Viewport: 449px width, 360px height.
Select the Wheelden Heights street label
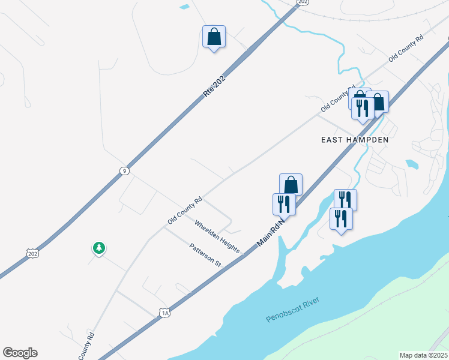coord(217,236)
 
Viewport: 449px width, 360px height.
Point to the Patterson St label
coord(205,255)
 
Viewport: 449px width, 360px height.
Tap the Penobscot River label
coord(294,310)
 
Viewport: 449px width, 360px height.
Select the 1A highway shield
coord(165,312)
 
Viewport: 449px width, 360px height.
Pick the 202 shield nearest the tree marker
coord(33,253)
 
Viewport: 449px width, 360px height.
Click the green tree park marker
coord(98,248)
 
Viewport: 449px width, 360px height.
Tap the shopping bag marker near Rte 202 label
coord(214,37)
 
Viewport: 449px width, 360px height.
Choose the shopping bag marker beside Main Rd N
coord(291,185)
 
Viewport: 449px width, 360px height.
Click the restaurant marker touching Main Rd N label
coord(283,204)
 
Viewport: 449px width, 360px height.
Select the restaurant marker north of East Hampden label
coord(362,108)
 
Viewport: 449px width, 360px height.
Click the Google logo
coord(20,353)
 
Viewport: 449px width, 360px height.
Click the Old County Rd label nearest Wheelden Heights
coord(185,211)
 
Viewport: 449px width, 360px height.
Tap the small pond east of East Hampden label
coord(412,163)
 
